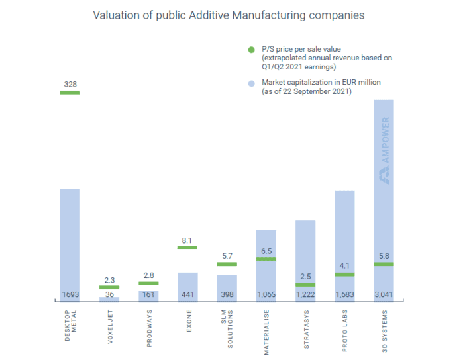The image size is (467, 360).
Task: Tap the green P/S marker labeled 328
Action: (70, 93)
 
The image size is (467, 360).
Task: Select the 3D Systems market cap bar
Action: (384, 199)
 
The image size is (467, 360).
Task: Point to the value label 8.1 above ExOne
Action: (187, 240)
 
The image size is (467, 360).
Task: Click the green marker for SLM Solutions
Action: (227, 264)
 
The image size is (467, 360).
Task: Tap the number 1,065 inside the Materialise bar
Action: (266, 294)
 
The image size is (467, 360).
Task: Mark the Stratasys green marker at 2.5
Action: (305, 285)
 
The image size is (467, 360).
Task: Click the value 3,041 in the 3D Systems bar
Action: (384, 294)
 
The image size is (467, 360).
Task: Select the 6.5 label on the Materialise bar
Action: (266, 251)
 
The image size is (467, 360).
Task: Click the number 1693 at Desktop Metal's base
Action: (70, 294)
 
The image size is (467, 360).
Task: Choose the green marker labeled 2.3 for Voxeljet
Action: (109, 287)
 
